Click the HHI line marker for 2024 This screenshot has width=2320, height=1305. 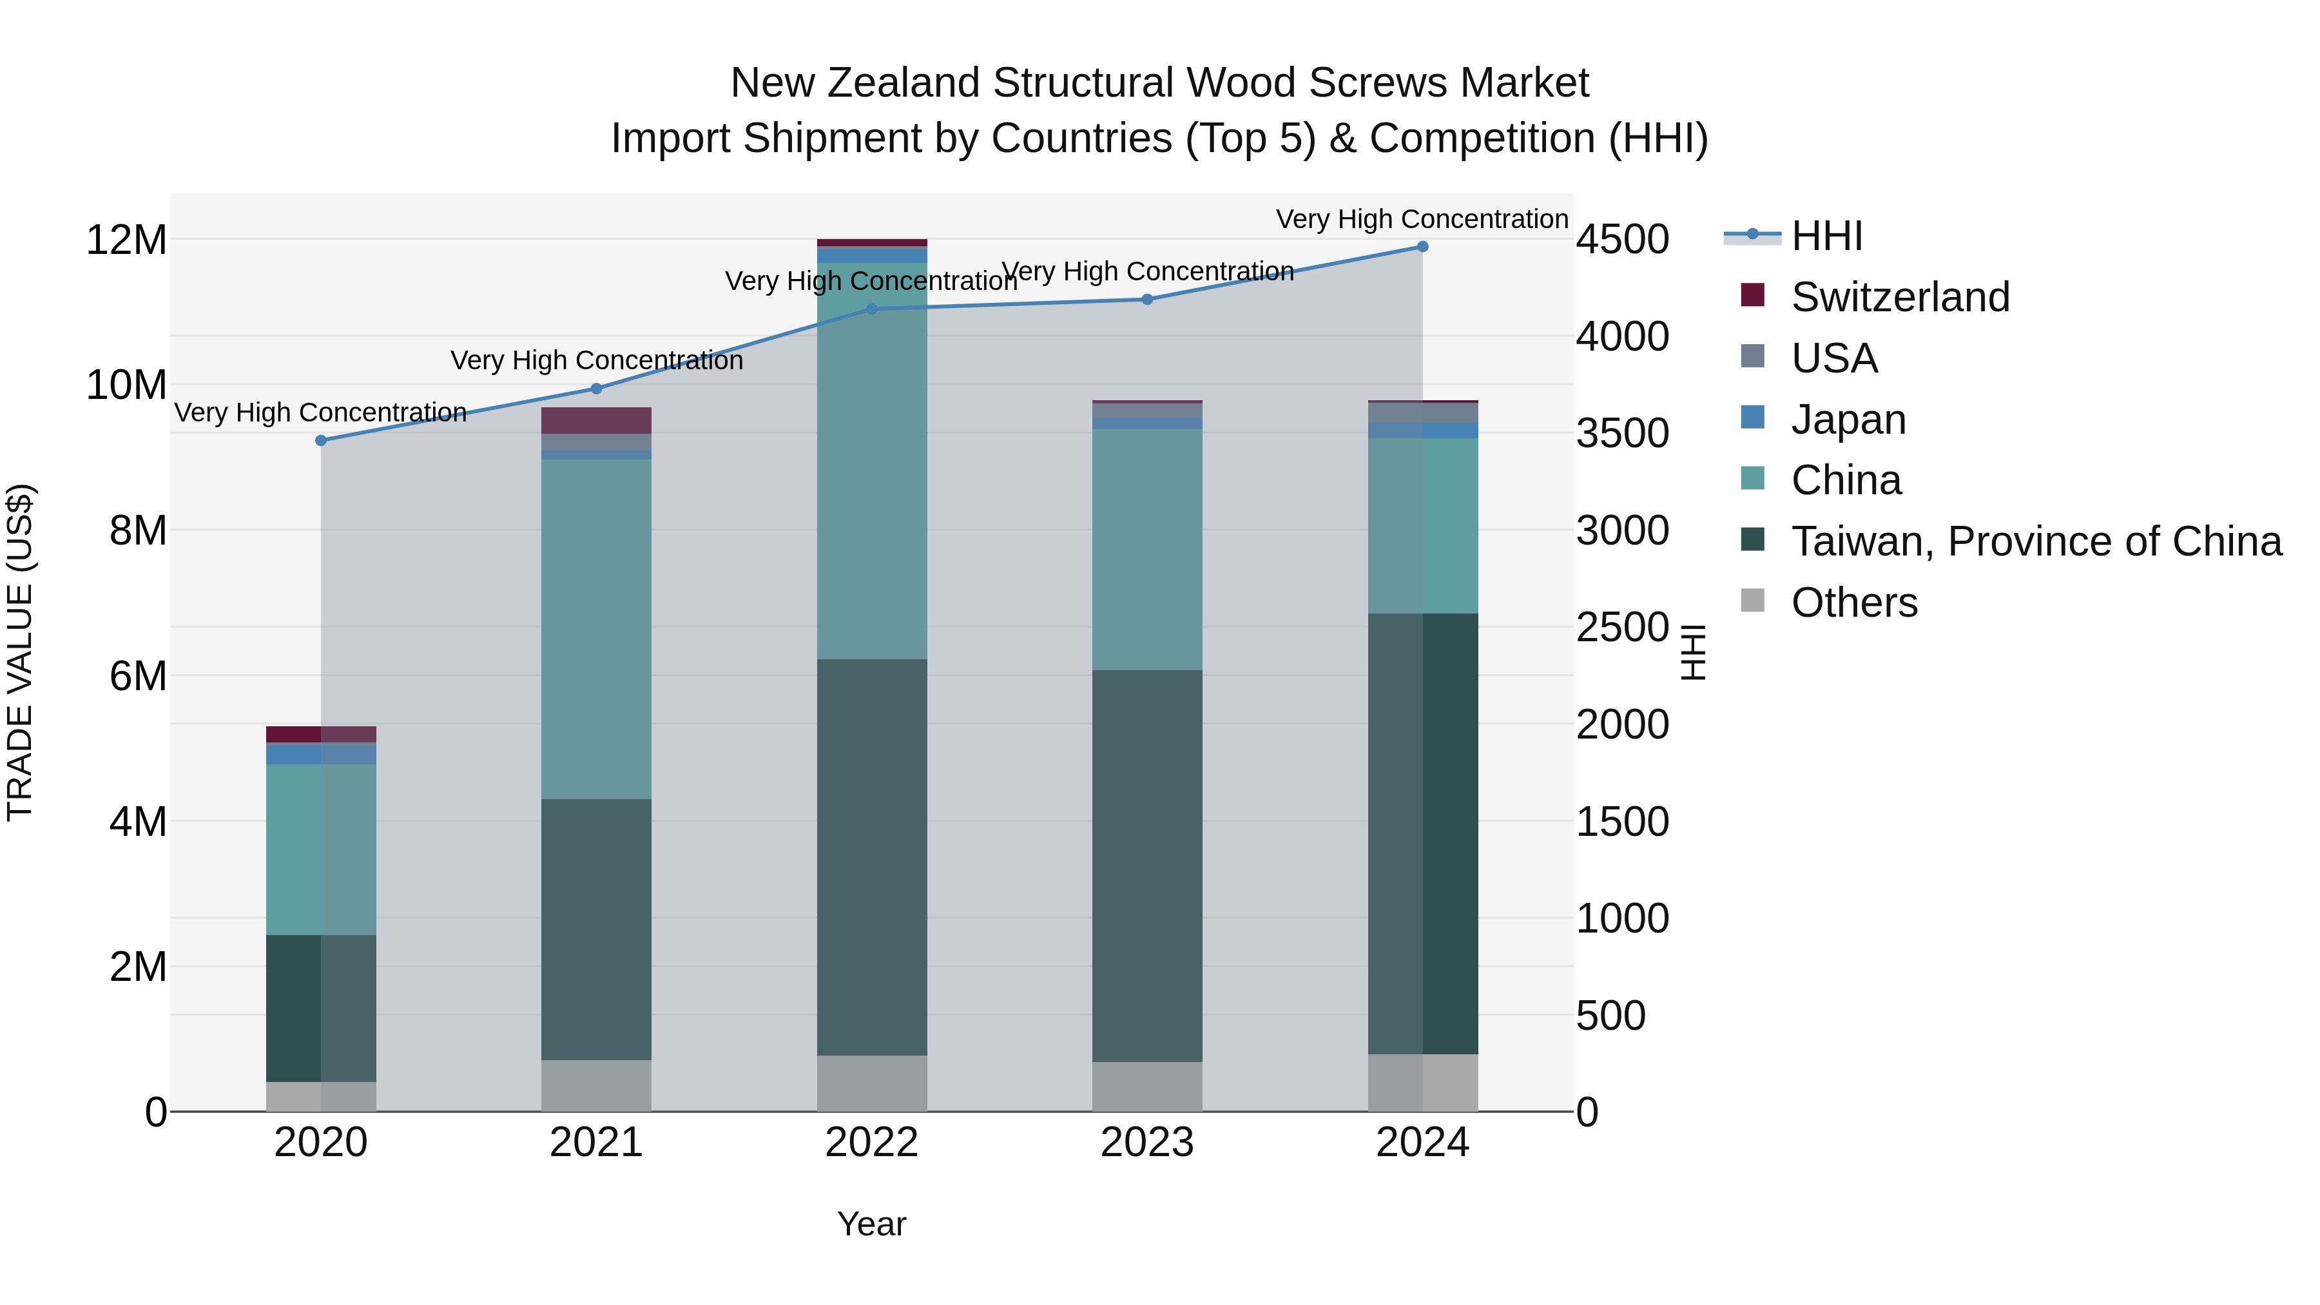[1422, 247]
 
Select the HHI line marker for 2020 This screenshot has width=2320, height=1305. [321, 440]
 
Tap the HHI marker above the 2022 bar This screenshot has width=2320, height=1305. [871, 309]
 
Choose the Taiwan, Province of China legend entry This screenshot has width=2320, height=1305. [2035, 541]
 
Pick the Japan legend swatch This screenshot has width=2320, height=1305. [1753, 418]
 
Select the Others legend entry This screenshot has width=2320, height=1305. [1853, 603]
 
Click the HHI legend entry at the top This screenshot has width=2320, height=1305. [1826, 236]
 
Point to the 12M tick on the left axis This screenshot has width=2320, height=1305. [126, 240]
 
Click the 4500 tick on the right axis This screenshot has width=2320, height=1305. [1622, 240]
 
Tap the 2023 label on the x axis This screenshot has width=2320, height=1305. [1146, 1143]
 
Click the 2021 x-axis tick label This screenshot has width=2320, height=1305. [595, 1143]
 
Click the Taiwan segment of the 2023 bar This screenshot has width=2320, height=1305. [1146, 865]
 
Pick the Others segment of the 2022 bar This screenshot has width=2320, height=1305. [871, 1083]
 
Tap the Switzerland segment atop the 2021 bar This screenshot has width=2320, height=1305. [595, 421]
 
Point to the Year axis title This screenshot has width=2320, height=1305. [871, 1224]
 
